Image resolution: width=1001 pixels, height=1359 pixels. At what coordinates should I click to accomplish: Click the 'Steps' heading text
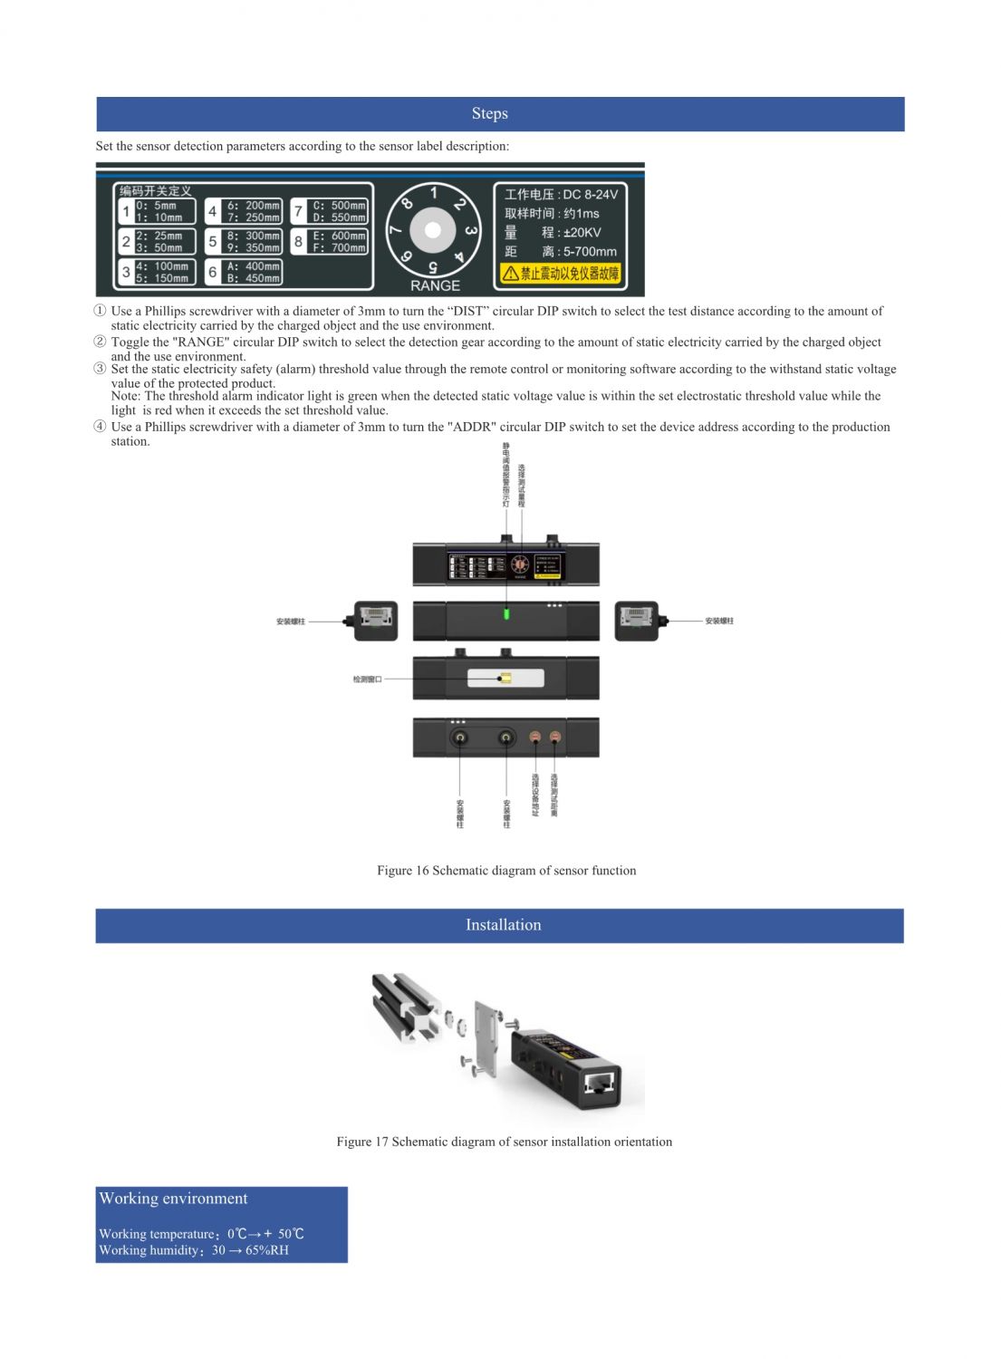(489, 114)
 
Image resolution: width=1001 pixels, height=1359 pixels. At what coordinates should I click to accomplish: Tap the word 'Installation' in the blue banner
(503, 925)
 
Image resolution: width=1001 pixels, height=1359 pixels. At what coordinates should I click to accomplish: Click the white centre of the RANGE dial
(433, 230)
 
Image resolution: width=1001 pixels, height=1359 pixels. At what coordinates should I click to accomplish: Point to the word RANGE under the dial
(435, 285)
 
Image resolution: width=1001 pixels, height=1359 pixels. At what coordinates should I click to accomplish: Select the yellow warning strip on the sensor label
(560, 273)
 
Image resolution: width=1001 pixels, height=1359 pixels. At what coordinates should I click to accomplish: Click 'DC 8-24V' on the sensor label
(590, 194)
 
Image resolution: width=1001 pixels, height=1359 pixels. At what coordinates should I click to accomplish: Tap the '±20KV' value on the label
(582, 232)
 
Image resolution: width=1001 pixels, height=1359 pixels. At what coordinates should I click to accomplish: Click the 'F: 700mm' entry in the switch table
(339, 247)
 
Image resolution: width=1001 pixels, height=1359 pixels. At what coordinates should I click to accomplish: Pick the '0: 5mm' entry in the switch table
(156, 206)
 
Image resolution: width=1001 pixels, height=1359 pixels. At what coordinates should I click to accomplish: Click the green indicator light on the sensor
(506, 613)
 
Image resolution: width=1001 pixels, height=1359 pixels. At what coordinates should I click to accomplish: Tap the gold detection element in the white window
(505, 678)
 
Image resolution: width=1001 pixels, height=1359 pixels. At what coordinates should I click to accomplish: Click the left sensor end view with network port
(375, 621)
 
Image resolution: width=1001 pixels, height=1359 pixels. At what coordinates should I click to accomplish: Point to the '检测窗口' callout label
(367, 679)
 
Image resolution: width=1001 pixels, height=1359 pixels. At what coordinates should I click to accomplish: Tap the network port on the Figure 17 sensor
(599, 1082)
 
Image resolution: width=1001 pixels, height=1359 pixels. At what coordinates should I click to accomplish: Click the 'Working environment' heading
(173, 1199)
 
